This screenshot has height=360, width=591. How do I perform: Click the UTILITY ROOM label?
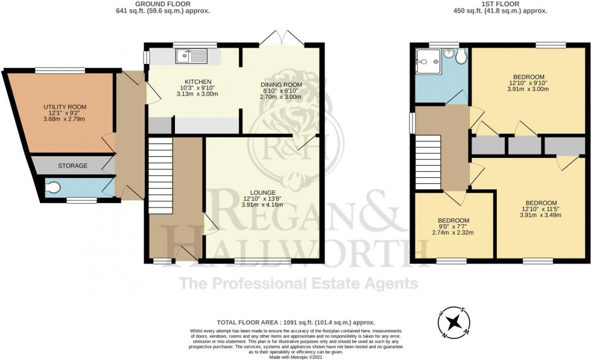pos(65,107)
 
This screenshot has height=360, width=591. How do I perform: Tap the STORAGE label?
pos(73,166)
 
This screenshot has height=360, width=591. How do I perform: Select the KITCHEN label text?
pos(198,82)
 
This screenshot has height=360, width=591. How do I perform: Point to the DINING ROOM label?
pos(282,85)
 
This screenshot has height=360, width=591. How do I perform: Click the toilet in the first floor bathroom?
pos(461,57)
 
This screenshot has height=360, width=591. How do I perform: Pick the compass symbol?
pos(454,322)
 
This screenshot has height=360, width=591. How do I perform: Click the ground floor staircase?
pos(160,175)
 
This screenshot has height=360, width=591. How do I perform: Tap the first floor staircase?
pos(428,162)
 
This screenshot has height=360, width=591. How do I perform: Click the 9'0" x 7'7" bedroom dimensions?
pos(454,227)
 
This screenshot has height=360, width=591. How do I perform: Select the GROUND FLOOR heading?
pos(163,4)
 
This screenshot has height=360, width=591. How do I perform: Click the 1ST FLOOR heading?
pos(500,4)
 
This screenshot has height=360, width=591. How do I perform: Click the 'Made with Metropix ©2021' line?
pos(296,356)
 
